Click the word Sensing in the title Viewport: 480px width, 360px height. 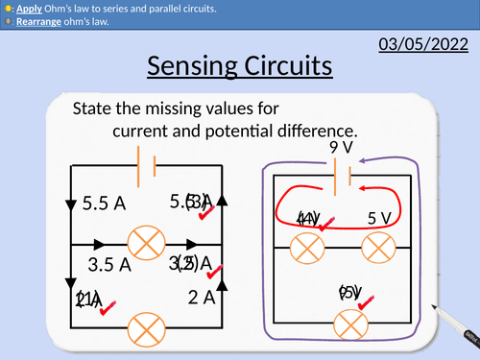(x=201, y=68)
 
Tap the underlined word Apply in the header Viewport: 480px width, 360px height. (x=30, y=9)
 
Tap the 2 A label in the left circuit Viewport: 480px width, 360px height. (x=202, y=298)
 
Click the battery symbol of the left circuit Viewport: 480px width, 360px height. (x=148, y=166)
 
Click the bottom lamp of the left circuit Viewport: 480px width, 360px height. (x=148, y=326)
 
